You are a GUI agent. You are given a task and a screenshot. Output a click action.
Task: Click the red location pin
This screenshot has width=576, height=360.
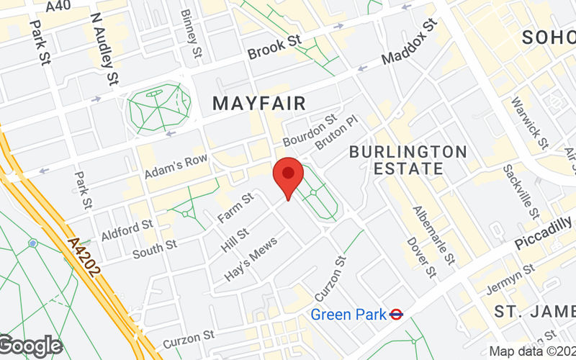[288, 176]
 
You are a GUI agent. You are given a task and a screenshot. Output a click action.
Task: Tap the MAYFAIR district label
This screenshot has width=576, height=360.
[259, 104]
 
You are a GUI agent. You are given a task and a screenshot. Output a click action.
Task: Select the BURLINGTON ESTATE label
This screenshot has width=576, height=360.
[408, 160]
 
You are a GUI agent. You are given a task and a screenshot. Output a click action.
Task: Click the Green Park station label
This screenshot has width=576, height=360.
[347, 314]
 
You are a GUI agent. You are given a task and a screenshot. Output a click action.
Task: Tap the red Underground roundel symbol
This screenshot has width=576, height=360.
[396, 314]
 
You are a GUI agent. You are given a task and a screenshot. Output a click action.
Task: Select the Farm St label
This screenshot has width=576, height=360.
[238, 209]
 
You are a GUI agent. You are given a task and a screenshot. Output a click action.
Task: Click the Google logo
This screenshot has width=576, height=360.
[30, 346]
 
